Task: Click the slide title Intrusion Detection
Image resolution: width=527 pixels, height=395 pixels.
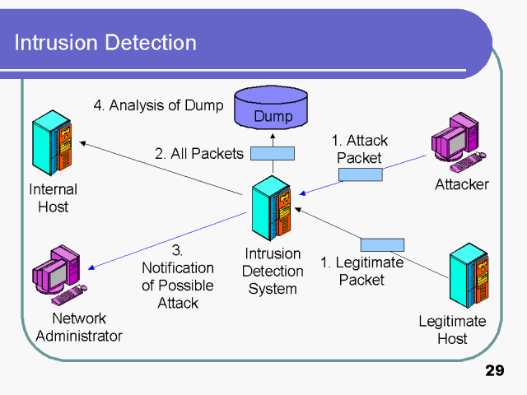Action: click(105, 43)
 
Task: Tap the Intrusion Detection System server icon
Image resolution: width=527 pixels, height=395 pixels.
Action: click(273, 210)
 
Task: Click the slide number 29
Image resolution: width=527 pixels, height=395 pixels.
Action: click(494, 371)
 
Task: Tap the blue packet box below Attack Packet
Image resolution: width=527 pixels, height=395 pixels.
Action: click(360, 174)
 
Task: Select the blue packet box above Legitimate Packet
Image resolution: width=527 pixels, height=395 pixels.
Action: click(382, 244)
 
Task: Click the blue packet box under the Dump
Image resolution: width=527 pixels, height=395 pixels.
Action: click(272, 153)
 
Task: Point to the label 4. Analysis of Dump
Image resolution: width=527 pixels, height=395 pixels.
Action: click(157, 105)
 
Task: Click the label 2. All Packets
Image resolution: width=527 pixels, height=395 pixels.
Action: click(199, 153)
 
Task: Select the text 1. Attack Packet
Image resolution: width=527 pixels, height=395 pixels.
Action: click(359, 149)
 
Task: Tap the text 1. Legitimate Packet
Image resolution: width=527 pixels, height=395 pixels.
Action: click(362, 271)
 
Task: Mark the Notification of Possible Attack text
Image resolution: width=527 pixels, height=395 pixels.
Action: click(178, 276)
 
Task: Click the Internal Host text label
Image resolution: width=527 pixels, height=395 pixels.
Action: click(54, 198)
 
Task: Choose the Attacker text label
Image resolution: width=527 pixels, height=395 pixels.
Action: click(461, 184)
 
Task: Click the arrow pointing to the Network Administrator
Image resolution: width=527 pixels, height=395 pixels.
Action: click(165, 240)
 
